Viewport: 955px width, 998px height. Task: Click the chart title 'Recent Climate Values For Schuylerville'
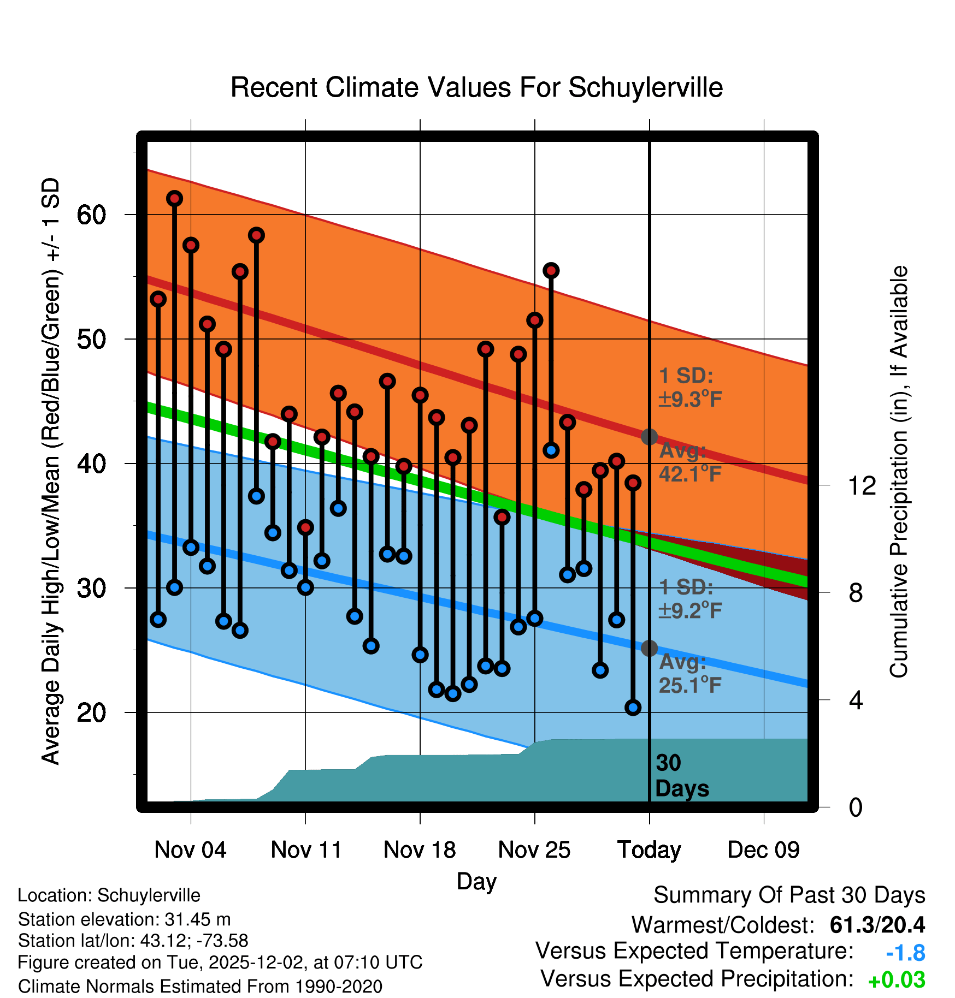pyautogui.click(x=476, y=87)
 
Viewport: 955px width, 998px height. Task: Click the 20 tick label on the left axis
pyautogui.click(x=91, y=713)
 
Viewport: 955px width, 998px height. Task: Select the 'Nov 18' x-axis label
pyautogui.click(x=420, y=850)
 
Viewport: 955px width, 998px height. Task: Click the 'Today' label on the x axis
pyautogui.click(x=649, y=850)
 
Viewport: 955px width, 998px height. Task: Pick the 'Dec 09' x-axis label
pyautogui.click(x=763, y=850)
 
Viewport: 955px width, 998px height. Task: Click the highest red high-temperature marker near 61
pyautogui.click(x=174, y=198)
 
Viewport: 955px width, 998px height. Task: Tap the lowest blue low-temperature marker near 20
pyautogui.click(x=633, y=708)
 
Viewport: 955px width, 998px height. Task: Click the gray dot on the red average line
pyautogui.click(x=649, y=437)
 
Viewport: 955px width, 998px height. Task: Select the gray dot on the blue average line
pyautogui.click(x=649, y=648)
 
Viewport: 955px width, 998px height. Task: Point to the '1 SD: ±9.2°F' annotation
pyautogui.click(x=690, y=598)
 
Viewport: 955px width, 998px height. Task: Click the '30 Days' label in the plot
pyautogui.click(x=681, y=776)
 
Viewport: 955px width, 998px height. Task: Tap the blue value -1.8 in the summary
pyautogui.click(x=905, y=953)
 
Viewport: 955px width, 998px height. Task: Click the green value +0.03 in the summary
pyautogui.click(x=897, y=980)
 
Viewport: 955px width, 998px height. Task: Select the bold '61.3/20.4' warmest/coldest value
pyautogui.click(x=877, y=925)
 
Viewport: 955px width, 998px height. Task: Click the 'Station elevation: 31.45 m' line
pyautogui.click(x=124, y=919)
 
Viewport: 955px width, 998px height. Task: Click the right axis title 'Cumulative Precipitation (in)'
pyautogui.click(x=898, y=472)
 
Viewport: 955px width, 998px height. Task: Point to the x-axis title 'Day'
pyautogui.click(x=476, y=881)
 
